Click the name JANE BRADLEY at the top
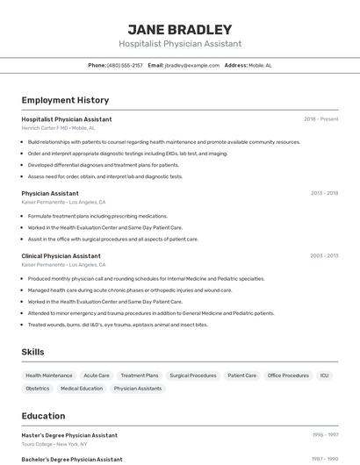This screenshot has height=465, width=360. tap(179, 30)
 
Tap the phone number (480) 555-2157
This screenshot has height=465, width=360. tap(125, 65)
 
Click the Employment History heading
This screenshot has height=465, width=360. tap(65, 100)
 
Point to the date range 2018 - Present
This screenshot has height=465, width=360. tap(320, 119)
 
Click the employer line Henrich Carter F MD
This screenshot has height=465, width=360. tap(58, 128)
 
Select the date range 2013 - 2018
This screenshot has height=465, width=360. tap(324, 193)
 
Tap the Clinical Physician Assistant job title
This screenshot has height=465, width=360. tap(61, 256)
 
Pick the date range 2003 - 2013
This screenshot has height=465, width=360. tap(324, 256)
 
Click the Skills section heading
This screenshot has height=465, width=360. tap(32, 352)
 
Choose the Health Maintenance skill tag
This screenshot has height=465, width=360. tap(49, 376)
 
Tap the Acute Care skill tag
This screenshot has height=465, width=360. tap(97, 376)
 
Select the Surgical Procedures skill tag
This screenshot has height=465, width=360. tap(192, 376)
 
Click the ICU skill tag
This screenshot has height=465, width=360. tap(324, 376)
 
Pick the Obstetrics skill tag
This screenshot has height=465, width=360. tap(38, 388)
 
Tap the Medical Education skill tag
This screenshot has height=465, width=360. tap(82, 388)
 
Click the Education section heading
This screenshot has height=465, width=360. tap(43, 416)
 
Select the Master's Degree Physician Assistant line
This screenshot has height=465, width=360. tap(69, 435)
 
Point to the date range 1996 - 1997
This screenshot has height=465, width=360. tap(325, 435)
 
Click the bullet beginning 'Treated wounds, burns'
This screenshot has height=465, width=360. tap(118, 325)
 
